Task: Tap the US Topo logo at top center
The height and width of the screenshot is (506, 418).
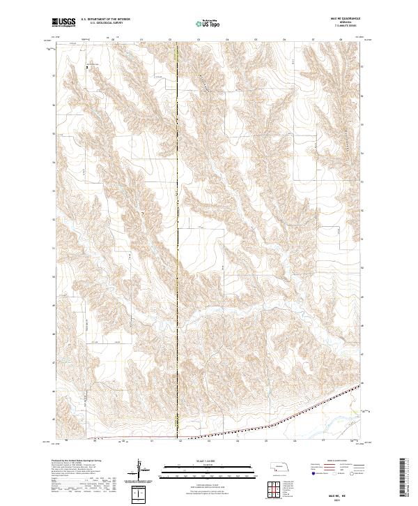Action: coord(208,24)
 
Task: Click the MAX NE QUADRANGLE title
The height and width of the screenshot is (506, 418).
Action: coord(339,20)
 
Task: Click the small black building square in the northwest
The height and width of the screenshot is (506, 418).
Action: coord(87,66)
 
